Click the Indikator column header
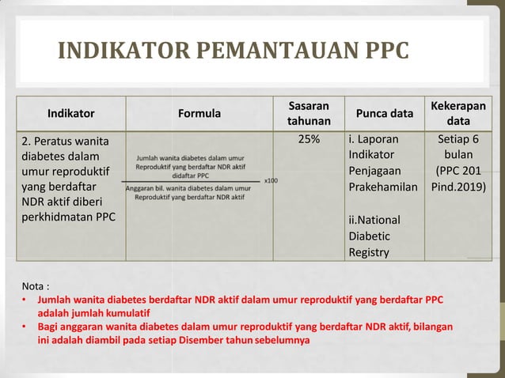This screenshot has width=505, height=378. point(70,113)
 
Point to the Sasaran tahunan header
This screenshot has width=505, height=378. point(309,113)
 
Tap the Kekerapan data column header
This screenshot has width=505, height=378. point(458,113)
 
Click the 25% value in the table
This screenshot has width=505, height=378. point(309,140)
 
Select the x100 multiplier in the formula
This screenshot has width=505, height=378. point(271,181)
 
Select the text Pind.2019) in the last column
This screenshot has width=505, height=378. point(458,188)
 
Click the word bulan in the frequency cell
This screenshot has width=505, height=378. point(458,156)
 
